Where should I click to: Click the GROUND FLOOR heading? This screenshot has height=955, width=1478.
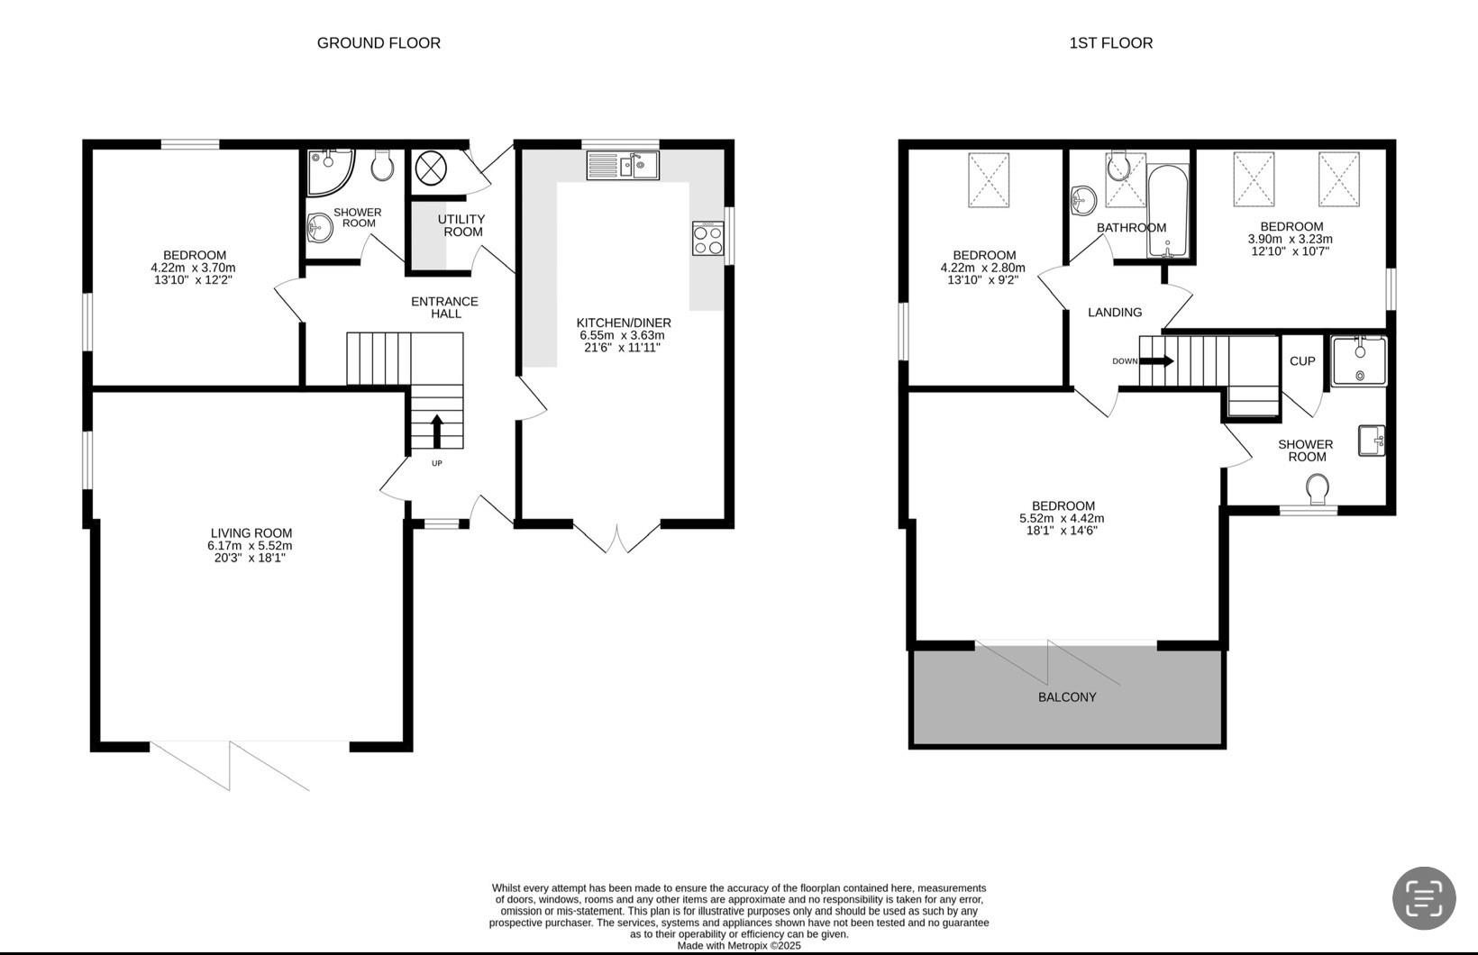click(379, 43)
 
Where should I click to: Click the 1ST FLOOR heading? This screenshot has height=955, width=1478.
click(1111, 43)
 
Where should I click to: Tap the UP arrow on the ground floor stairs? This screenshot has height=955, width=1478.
click(437, 432)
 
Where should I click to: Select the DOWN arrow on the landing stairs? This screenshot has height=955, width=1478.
click(1156, 360)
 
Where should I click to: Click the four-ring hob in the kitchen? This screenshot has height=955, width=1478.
click(708, 238)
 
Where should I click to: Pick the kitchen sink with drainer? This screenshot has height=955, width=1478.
click(623, 165)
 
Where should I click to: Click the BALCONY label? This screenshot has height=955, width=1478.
click(1067, 697)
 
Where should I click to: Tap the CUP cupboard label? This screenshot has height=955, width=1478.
click(1302, 360)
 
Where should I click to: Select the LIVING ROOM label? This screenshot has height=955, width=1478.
click(251, 532)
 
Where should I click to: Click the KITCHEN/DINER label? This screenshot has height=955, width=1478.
click(624, 323)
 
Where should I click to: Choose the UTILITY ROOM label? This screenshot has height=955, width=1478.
click(461, 225)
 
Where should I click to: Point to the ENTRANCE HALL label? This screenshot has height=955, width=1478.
click(444, 307)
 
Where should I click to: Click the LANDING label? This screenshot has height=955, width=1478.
click(1115, 312)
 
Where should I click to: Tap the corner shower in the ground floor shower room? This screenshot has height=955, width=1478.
click(331, 172)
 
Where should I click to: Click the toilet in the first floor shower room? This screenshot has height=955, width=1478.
click(1317, 490)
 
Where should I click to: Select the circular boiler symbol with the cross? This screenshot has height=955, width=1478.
click(431, 168)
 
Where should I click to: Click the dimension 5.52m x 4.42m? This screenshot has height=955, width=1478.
click(1062, 518)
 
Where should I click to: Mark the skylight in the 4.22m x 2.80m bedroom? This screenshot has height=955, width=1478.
click(989, 180)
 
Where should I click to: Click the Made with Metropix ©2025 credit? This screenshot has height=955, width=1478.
click(739, 946)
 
